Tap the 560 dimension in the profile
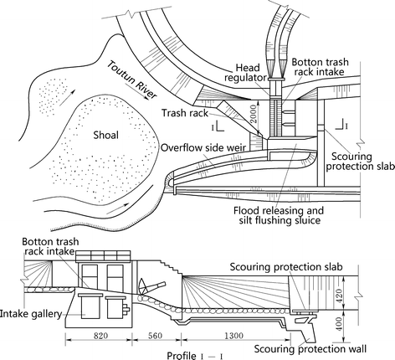click(x=156, y=333)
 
